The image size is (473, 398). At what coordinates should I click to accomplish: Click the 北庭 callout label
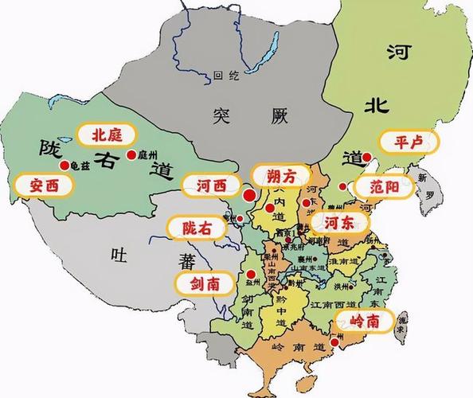[x=107, y=134]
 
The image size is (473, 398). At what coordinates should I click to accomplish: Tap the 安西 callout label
[x=44, y=185]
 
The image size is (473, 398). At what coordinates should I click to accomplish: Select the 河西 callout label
[x=211, y=186]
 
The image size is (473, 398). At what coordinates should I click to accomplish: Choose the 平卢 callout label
[x=408, y=142]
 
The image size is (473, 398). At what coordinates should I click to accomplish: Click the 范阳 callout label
[x=385, y=187]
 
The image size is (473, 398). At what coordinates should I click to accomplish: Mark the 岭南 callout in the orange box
[x=365, y=321]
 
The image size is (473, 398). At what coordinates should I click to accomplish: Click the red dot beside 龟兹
[x=64, y=165]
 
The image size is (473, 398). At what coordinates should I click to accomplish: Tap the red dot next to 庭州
[x=131, y=154]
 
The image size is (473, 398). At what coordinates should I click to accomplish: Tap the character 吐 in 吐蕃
[x=119, y=255]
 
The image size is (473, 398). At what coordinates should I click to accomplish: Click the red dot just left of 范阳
[x=342, y=187]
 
